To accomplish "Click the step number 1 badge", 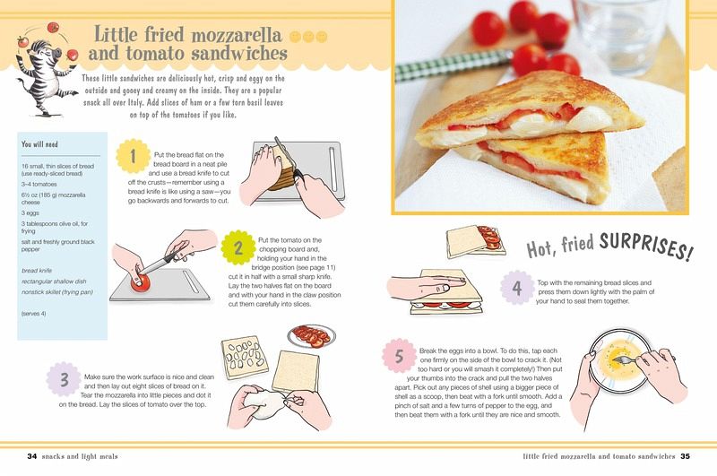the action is point(133,156).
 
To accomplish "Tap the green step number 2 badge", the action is point(238,248).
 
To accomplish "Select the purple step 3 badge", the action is point(64,379).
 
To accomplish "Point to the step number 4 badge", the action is point(517,288).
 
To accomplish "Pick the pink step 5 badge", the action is point(399,356).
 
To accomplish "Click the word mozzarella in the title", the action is point(236,35).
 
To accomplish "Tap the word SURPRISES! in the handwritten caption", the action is point(645,246).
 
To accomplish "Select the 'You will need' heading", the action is point(39,144).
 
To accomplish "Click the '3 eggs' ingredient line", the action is point(30,213).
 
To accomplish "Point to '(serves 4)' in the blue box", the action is point(33,314).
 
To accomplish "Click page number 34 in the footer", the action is point(32,456).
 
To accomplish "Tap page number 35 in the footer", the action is point(685,456).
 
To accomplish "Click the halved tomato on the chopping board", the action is point(140,282).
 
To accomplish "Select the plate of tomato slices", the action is point(311,336).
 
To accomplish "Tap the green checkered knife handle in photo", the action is point(454,65).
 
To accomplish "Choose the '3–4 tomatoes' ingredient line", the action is point(39,185).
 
